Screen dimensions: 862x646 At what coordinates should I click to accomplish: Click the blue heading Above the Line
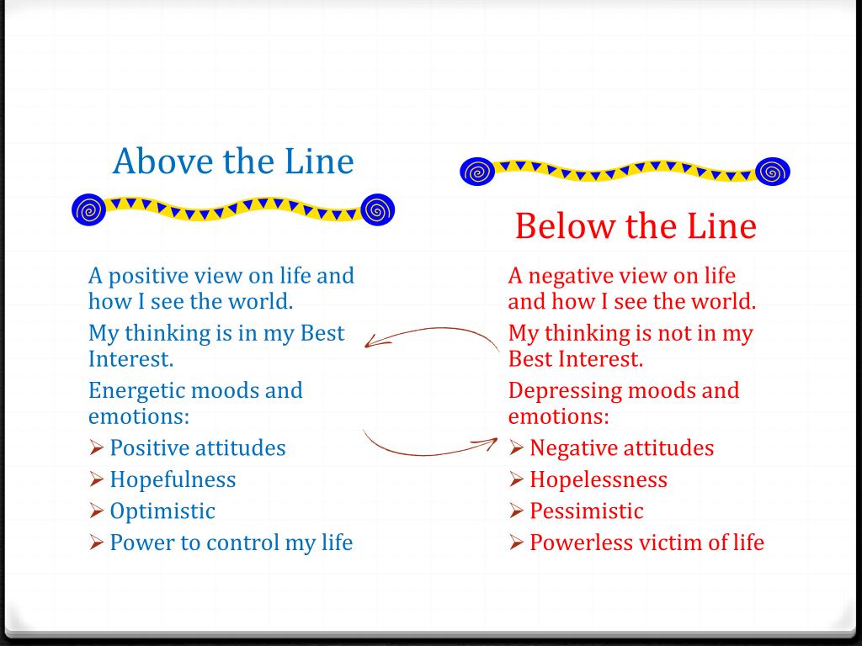click(x=233, y=161)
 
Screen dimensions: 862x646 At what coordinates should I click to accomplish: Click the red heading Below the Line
click(x=636, y=225)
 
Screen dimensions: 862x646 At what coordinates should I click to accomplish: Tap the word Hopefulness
click(x=173, y=479)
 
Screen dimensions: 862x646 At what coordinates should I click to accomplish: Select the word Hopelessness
click(x=599, y=479)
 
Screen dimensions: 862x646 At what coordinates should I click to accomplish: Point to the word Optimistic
click(x=162, y=511)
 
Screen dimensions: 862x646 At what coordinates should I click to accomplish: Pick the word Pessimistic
click(x=587, y=511)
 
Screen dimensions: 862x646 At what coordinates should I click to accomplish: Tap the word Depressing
click(x=565, y=391)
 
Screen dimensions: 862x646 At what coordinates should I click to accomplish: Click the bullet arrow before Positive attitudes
click(x=96, y=447)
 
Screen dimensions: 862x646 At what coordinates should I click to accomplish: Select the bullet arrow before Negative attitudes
click(x=516, y=447)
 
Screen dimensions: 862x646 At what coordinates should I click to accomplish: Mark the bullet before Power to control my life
click(x=96, y=543)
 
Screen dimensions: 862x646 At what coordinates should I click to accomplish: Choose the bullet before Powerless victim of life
click(x=516, y=543)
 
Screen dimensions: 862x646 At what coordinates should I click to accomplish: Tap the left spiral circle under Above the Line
click(x=88, y=209)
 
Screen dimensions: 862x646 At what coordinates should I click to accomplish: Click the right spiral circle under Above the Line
click(x=378, y=209)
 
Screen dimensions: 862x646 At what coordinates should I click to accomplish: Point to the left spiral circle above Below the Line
click(x=477, y=172)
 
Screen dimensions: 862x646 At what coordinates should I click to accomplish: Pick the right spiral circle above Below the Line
click(x=773, y=172)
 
